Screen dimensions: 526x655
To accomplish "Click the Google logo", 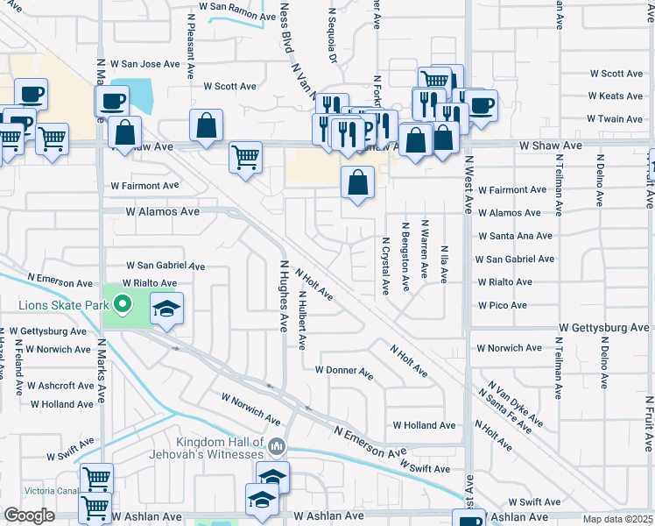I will coord(29,515).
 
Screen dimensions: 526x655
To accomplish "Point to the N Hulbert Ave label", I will coord(302,321).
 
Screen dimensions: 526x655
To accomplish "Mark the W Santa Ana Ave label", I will coord(515,236).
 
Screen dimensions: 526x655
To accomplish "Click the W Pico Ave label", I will coord(502,305).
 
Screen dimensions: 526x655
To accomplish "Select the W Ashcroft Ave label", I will coord(60,386).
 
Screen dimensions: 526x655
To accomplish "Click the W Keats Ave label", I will coord(616,96).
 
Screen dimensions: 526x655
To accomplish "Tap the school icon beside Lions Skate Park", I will coord(166,308).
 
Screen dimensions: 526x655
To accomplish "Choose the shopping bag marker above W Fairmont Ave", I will coord(357,183).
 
